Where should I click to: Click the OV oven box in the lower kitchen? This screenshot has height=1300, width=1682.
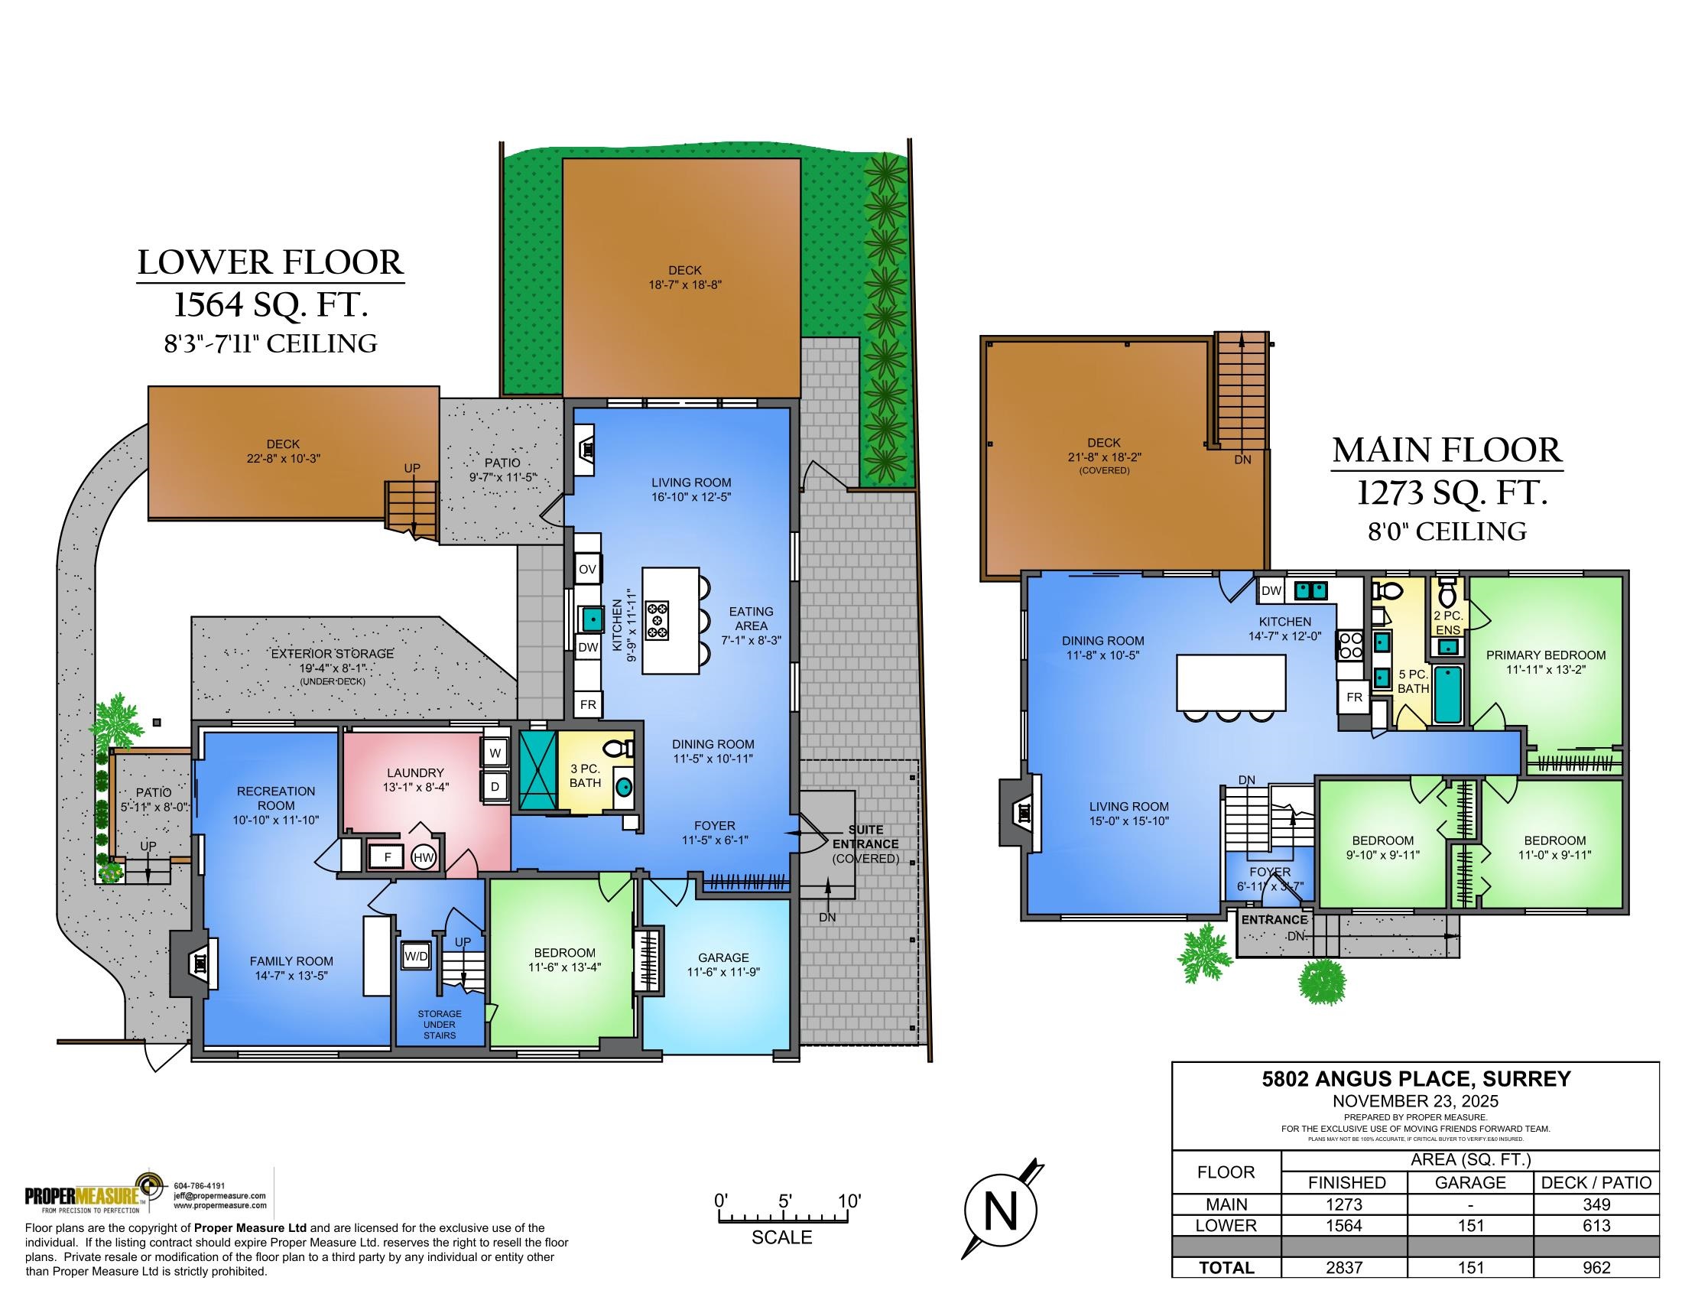pos(588,570)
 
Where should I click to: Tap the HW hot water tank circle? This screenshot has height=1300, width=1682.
pos(424,857)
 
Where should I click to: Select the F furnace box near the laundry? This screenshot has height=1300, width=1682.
pos(388,856)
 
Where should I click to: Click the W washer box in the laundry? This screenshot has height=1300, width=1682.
pos(495,753)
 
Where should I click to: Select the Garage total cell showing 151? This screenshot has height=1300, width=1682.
pos(1471,1267)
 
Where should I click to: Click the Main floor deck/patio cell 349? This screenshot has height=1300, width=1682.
pos(1596,1204)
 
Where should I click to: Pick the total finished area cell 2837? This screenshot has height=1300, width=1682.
pos(1345,1267)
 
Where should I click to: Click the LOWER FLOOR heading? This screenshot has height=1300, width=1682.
pos(271,262)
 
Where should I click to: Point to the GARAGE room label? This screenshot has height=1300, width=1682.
pos(723,957)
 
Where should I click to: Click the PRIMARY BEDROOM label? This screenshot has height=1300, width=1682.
pos(1546,655)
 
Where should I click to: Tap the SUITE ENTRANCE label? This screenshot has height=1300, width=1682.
pos(865,837)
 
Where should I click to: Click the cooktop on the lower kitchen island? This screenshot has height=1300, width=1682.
pos(658,620)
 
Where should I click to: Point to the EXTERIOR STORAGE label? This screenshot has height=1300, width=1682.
pos(332,654)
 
